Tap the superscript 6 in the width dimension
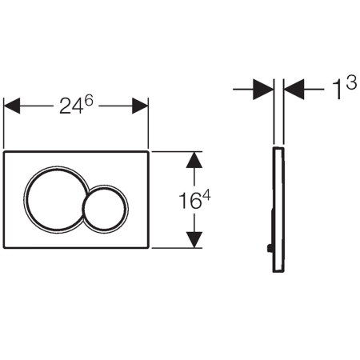(x=88, y=101)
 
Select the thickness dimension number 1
(x=338, y=90)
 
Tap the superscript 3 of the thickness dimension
(x=351, y=82)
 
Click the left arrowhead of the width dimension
(x=12, y=106)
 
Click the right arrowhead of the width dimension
(x=140, y=106)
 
